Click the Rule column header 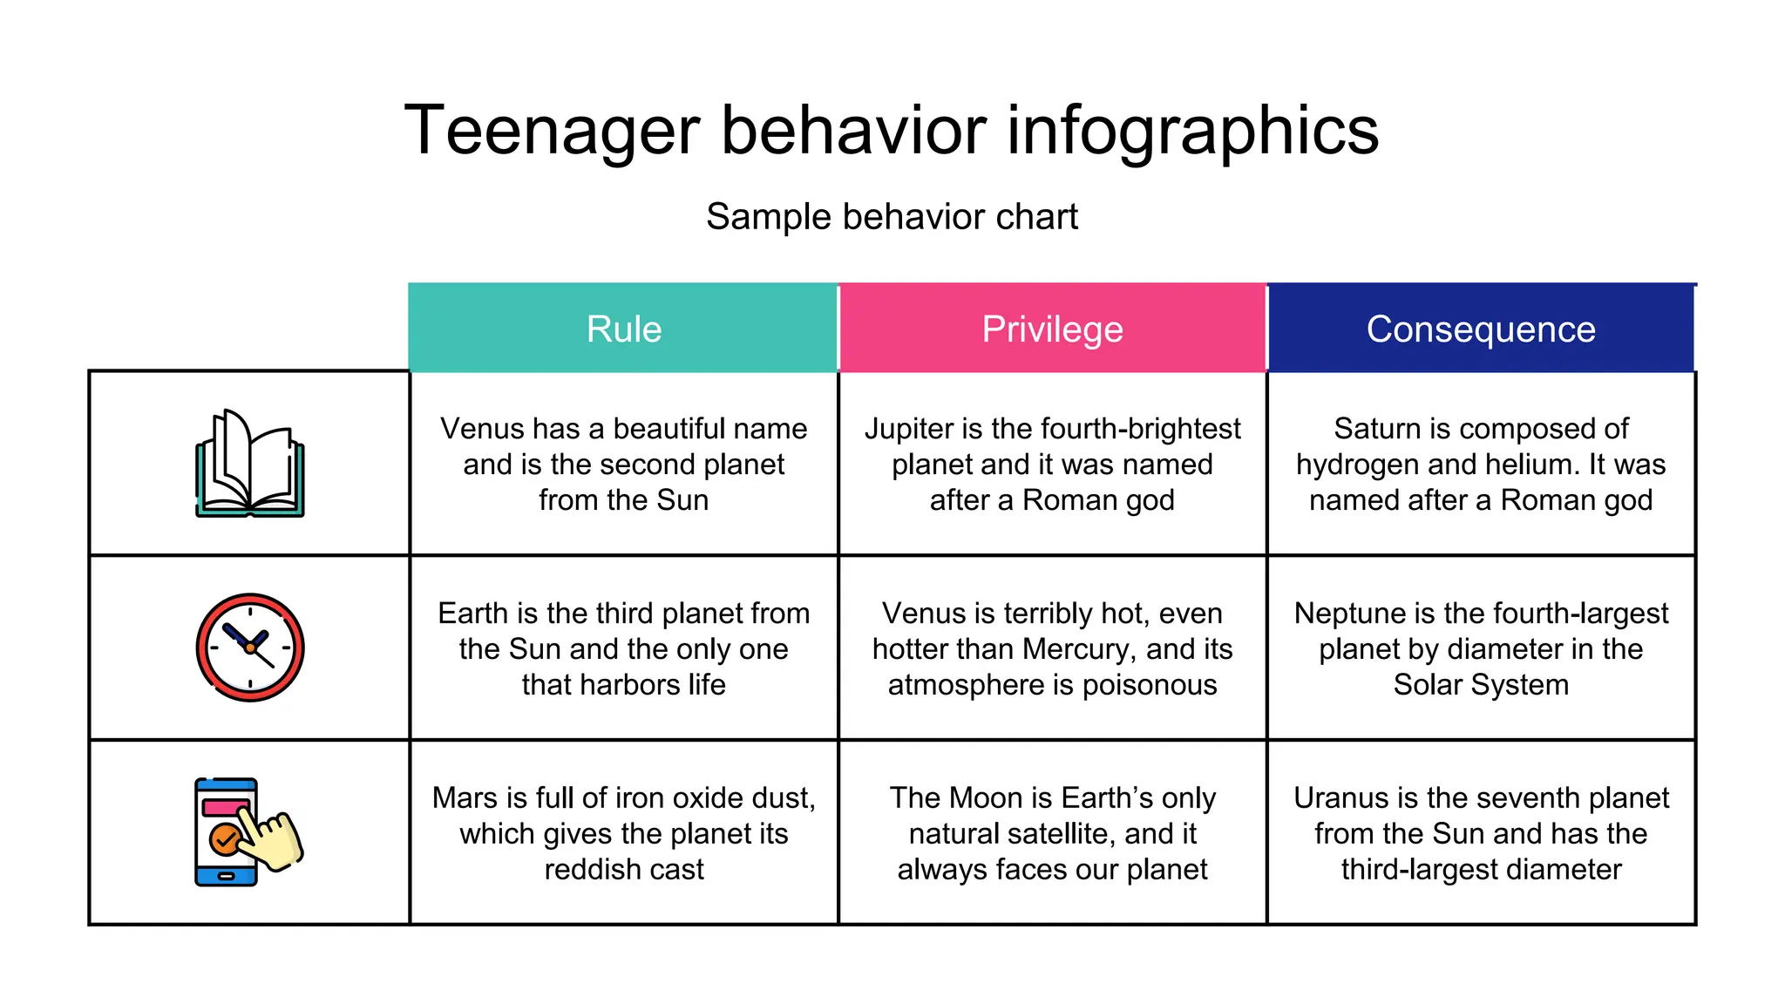623,329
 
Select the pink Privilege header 1052,329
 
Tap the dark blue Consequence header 1481,329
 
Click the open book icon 250,464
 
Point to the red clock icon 250,648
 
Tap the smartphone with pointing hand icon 248,832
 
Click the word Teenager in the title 553,131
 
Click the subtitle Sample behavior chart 892,217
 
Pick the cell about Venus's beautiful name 623,465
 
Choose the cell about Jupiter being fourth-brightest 1052,465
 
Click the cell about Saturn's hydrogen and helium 1481,465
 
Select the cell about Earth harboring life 623,649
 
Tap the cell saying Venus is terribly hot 1052,649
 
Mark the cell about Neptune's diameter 1481,649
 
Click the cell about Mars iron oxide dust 623,834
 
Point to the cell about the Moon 1052,834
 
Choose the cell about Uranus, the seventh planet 1481,834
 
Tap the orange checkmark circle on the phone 225,839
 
